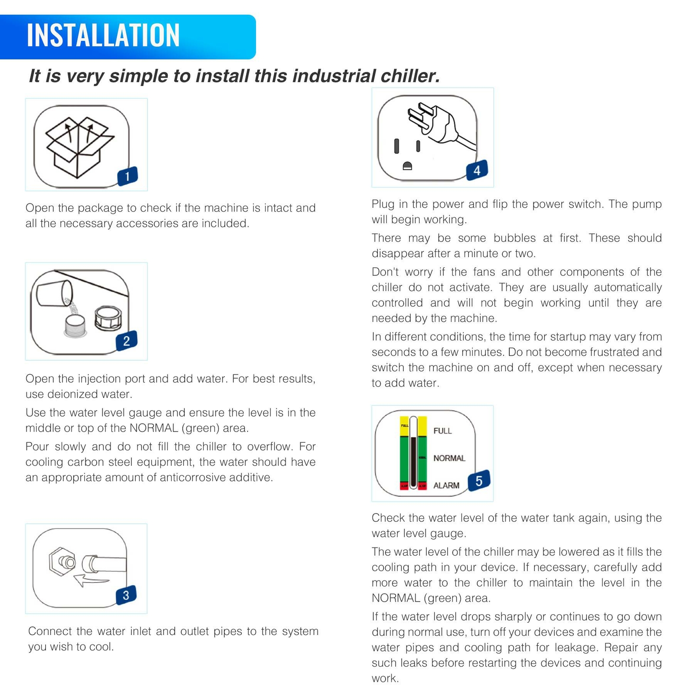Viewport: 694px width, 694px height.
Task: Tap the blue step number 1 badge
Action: click(x=128, y=176)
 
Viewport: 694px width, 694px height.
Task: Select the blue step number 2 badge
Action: click(x=126, y=340)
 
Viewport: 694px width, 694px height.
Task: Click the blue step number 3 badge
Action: click(x=126, y=595)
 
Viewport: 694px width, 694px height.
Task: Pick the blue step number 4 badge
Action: click(x=477, y=170)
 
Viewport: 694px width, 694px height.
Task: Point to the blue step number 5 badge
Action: click(x=479, y=481)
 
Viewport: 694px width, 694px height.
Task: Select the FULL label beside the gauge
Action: click(x=442, y=431)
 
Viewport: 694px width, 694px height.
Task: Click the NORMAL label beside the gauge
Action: click(x=449, y=458)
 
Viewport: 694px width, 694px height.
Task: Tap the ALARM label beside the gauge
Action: click(x=446, y=485)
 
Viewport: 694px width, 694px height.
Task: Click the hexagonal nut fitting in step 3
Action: click(x=61, y=562)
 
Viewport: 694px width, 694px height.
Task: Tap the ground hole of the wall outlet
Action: click(x=407, y=166)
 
